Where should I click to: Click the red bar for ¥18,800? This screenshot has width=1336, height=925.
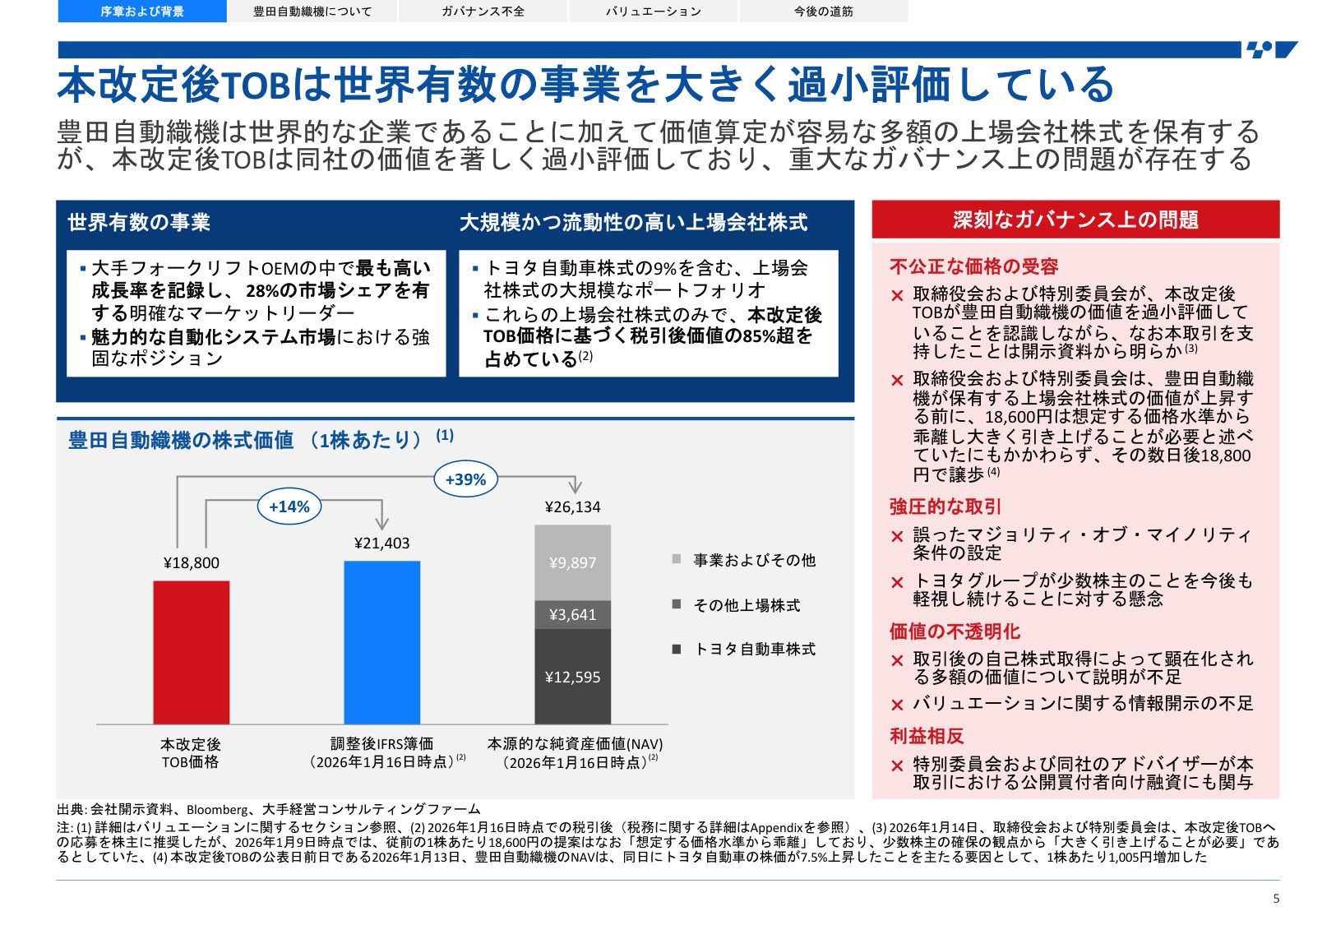(191, 652)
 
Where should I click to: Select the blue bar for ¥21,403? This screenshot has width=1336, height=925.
(381, 642)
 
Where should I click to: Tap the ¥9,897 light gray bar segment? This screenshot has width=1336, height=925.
(572, 562)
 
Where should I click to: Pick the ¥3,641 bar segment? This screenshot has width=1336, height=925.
(572, 614)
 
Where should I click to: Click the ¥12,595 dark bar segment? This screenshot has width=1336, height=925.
(572, 677)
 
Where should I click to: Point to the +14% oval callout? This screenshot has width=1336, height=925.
(289, 506)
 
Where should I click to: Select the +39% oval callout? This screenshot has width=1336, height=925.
(465, 479)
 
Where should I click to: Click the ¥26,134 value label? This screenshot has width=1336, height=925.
(572, 506)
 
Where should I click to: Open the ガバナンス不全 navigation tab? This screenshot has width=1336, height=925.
(483, 12)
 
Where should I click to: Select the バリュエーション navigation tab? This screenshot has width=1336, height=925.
(654, 12)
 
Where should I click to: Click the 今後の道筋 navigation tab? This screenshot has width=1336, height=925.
(823, 12)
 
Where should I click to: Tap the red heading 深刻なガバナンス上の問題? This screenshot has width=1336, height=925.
(1075, 220)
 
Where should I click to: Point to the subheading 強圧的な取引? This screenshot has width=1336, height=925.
(945, 506)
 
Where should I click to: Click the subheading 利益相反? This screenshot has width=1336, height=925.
(927, 736)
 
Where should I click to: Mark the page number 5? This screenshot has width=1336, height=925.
(1276, 899)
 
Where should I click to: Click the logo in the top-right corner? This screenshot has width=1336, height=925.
(1271, 50)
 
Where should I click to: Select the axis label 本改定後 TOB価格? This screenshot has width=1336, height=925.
(191, 753)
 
